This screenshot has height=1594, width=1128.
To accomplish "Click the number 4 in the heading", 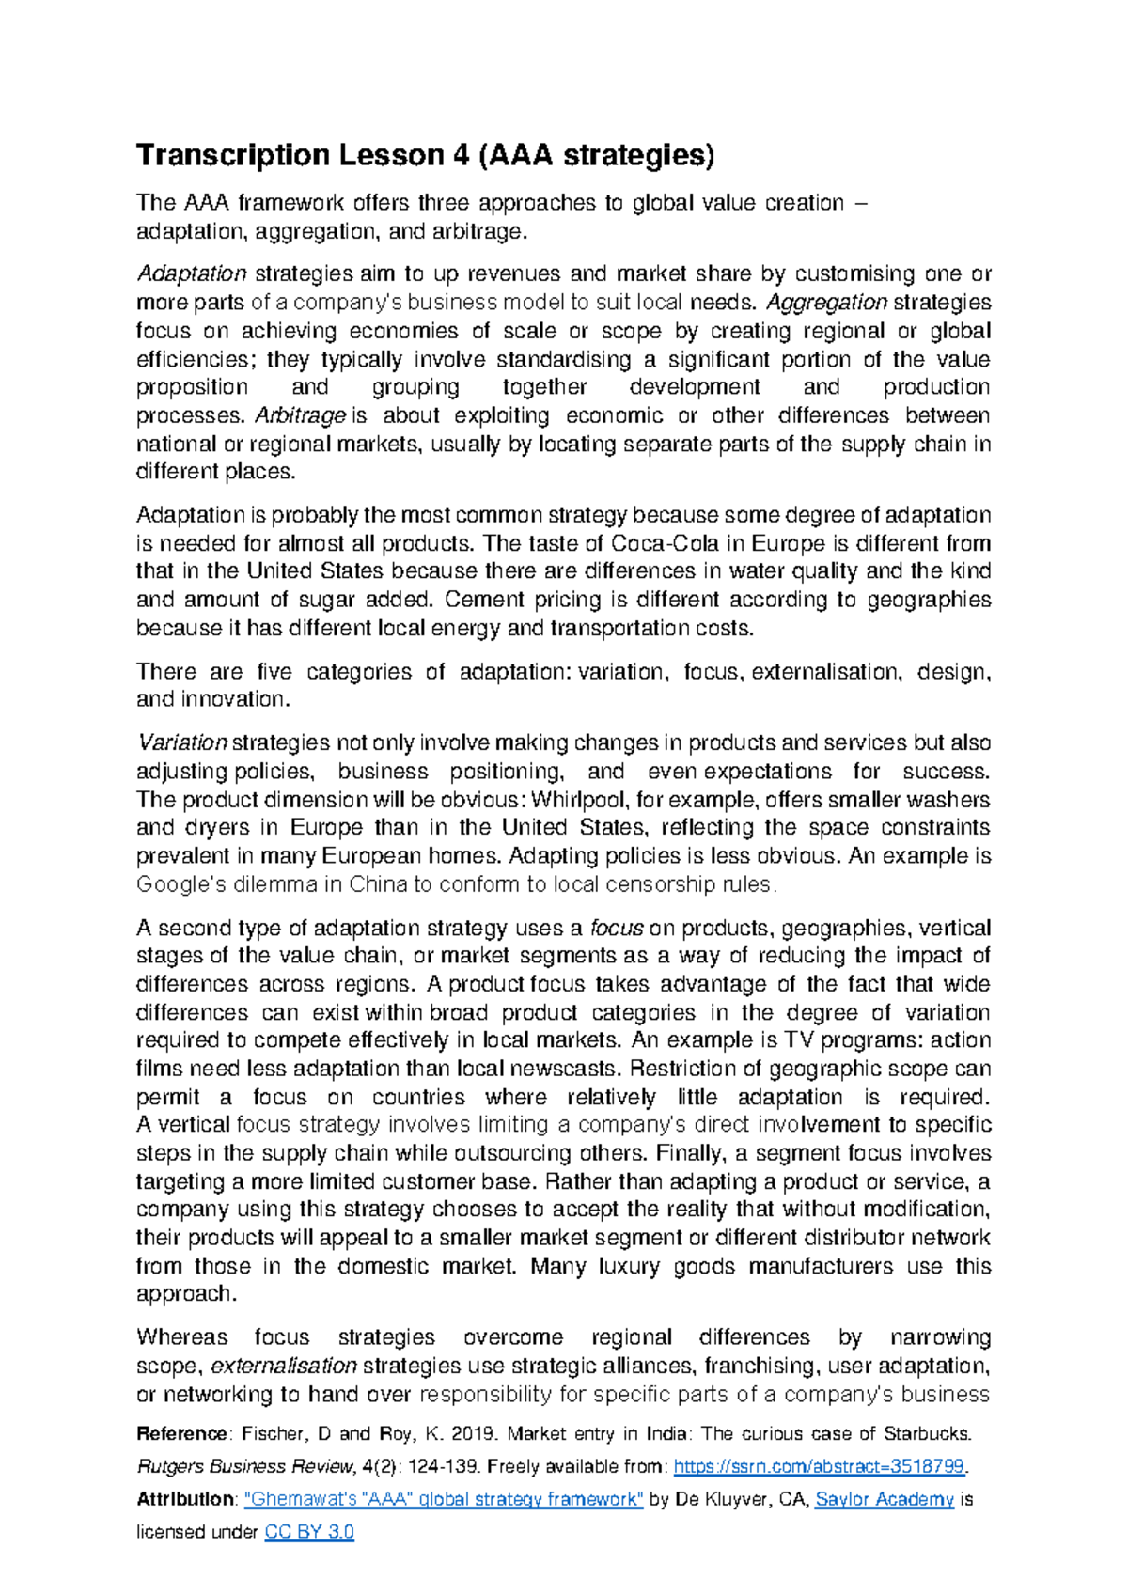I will tap(461, 155).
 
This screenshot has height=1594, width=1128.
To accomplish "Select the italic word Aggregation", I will tap(827, 303).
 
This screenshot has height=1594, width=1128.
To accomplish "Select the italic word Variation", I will tap(182, 743).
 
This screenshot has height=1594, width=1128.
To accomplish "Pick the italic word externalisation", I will tap(284, 1366).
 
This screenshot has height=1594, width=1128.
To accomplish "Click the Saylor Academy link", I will tap(885, 1499).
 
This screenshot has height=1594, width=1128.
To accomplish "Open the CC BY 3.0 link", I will tap(309, 1532).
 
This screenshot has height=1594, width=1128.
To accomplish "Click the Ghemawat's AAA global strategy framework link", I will tap(444, 1499).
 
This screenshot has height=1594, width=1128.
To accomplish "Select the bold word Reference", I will tap(181, 1434).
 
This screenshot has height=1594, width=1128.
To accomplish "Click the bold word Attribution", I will tap(184, 1499).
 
